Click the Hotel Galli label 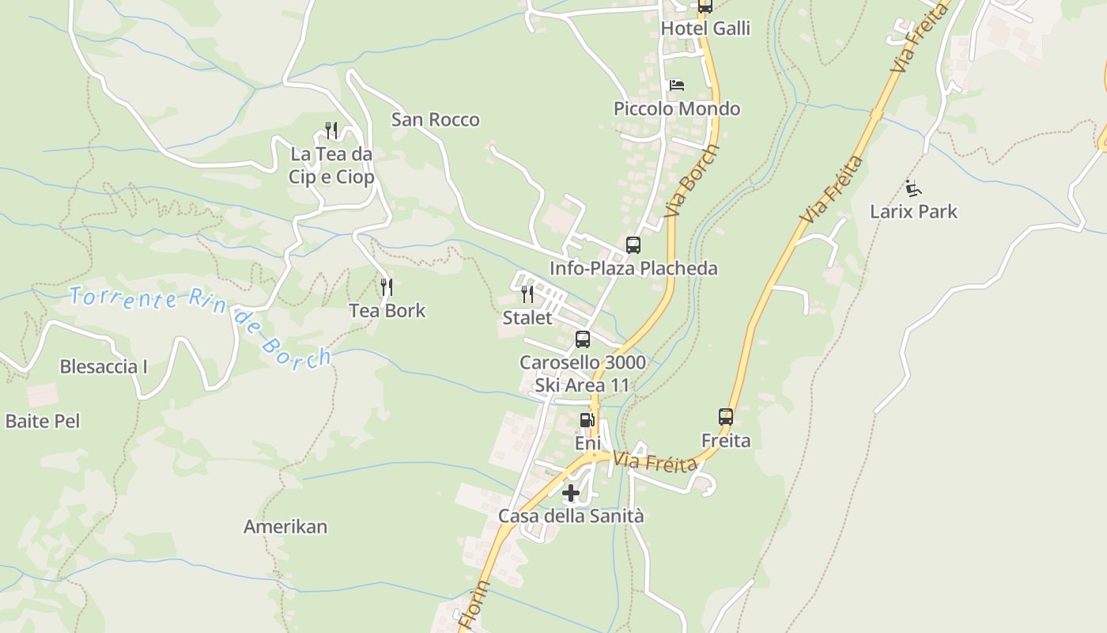[705, 28]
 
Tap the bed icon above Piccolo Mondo [676, 85]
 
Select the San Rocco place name [436, 119]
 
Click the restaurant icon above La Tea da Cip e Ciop [331, 131]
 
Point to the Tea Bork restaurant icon [387, 287]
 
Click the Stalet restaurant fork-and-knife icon [527, 294]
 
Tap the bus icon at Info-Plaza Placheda [633, 245]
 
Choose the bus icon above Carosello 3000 [583, 339]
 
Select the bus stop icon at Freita [726, 417]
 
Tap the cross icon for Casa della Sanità [571, 494]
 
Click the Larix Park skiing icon [913, 188]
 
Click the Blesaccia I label [104, 366]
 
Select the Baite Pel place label [43, 421]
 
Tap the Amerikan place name [285, 526]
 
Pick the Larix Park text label [913, 211]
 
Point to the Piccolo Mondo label [677, 108]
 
